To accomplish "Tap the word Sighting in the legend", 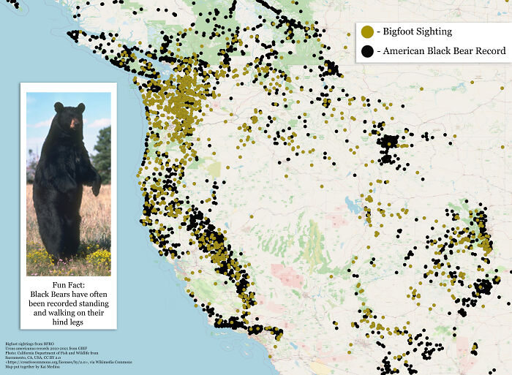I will (x=438, y=32).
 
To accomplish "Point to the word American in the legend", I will (x=410, y=51).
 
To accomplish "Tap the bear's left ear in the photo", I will (x=80, y=107).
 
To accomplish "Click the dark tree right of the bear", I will (x=103, y=154).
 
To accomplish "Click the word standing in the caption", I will (x=91, y=302).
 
